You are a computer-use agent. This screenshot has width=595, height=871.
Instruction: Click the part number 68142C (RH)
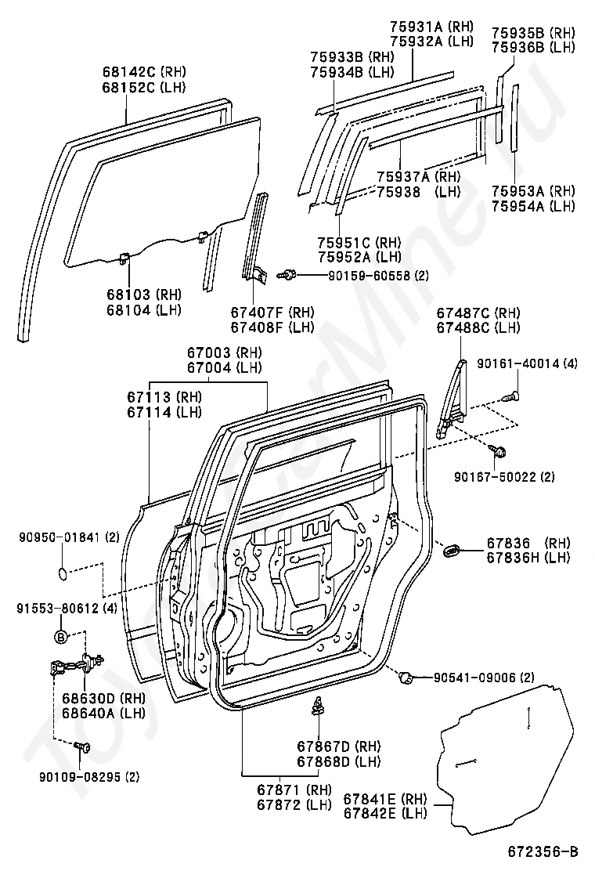click(144, 71)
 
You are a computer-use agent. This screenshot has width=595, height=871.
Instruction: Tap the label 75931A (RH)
click(439, 26)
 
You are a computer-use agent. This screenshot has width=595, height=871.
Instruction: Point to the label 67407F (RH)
click(272, 312)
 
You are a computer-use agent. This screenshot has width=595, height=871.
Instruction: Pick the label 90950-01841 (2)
click(70, 537)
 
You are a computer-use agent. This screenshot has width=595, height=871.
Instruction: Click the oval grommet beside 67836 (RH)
click(451, 551)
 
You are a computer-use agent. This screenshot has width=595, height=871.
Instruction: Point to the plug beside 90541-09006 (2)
click(406, 677)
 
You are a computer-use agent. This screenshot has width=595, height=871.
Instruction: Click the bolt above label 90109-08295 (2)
click(82, 746)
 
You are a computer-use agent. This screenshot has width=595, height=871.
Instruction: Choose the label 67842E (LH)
click(385, 813)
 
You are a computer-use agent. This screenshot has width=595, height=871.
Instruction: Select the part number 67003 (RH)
click(224, 352)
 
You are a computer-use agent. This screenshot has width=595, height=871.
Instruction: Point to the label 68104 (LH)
click(144, 309)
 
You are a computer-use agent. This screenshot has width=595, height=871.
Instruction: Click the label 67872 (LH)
click(294, 804)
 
